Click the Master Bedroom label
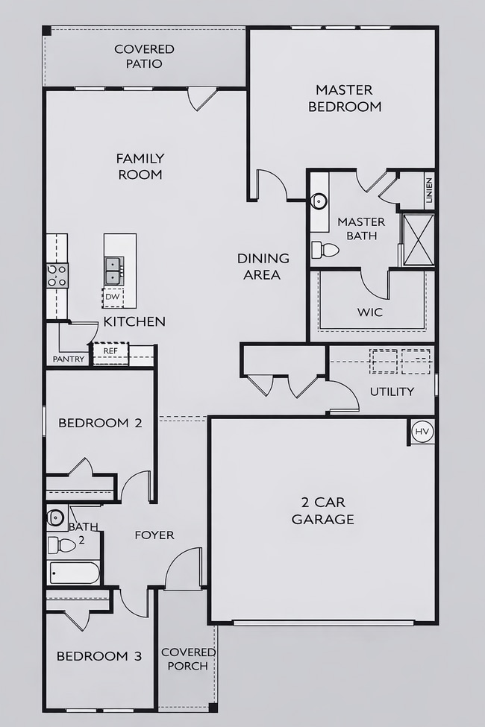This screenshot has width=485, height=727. pyautogui.click(x=344, y=98)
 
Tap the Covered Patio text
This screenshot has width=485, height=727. pyautogui.click(x=144, y=56)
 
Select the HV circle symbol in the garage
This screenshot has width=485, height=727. pyautogui.click(x=422, y=432)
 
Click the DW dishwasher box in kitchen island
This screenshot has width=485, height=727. pyautogui.click(x=112, y=297)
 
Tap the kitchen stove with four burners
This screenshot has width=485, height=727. pyautogui.click(x=57, y=275)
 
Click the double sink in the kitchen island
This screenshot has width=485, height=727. pyautogui.click(x=114, y=271)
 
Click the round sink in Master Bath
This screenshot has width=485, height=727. pyautogui.click(x=319, y=201)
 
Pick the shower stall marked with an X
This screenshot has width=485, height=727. pyautogui.click(x=418, y=239)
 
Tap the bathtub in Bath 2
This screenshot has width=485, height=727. pyautogui.click(x=74, y=573)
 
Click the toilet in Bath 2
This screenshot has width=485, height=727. pyautogui.click(x=63, y=545)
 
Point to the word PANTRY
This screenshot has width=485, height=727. pyautogui.click(x=69, y=359)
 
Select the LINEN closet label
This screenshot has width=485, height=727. pyautogui.click(x=428, y=190)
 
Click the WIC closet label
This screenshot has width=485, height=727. pyautogui.click(x=371, y=312)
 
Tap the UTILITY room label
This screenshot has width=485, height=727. pyautogui.click(x=392, y=391)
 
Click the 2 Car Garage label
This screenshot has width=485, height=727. pyautogui.click(x=322, y=511)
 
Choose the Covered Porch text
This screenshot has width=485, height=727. pyautogui.click(x=188, y=658)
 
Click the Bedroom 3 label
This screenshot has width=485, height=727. pyautogui.click(x=99, y=656)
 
